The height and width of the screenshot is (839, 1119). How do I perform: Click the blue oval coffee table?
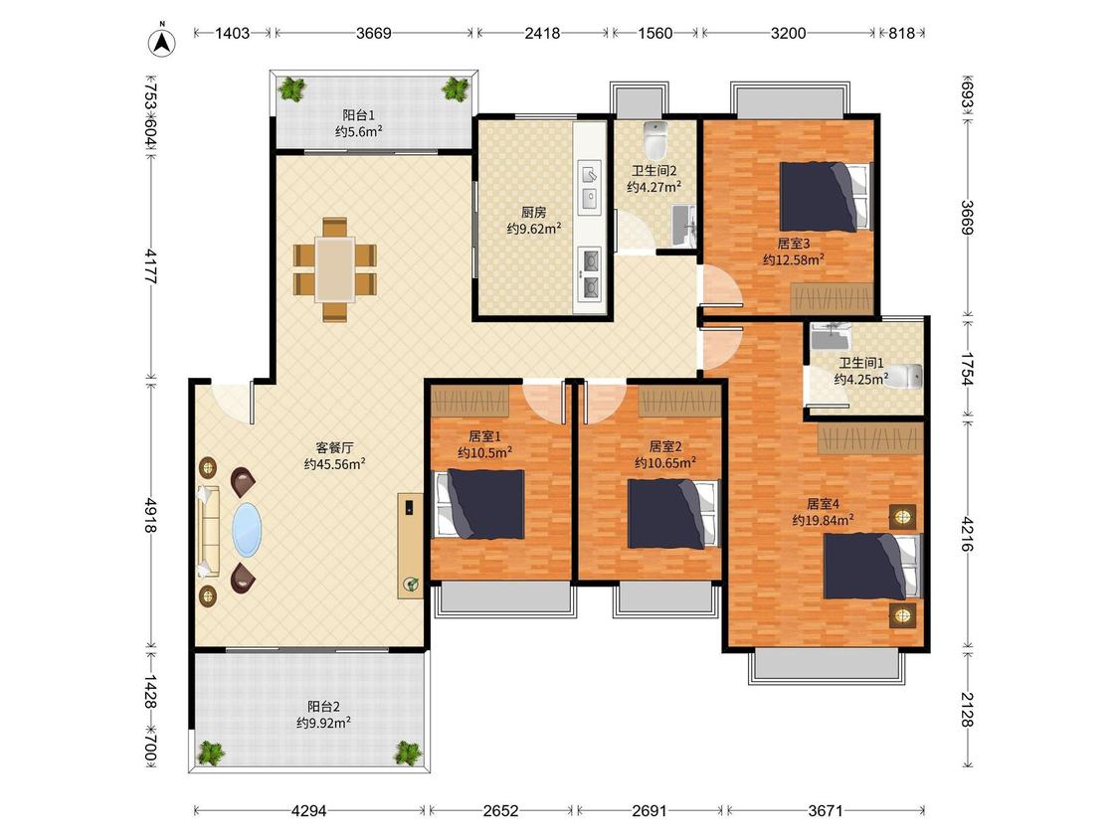(x=247, y=530)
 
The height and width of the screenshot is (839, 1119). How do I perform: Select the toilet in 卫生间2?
(x=655, y=139)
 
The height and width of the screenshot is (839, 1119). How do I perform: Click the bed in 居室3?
(x=827, y=196)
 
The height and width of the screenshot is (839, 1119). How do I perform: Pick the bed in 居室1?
(x=479, y=504)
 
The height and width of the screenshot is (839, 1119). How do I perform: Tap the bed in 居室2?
(x=672, y=514)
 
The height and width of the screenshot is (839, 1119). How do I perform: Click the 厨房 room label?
(x=533, y=212)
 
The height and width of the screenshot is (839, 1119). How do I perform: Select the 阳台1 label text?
(x=358, y=115)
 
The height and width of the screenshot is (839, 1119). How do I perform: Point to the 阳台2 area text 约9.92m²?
(x=323, y=723)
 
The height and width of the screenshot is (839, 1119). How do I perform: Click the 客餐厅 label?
(x=334, y=447)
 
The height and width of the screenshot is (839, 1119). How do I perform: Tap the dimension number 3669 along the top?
(x=374, y=33)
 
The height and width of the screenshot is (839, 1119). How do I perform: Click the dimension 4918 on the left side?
(x=150, y=515)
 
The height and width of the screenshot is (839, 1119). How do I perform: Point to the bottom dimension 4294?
(x=309, y=810)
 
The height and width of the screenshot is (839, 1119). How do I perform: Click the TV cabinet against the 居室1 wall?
(x=411, y=545)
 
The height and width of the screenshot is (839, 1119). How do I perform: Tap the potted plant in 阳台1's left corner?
(x=291, y=89)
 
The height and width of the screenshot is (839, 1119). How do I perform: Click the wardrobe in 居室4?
(x=870, y=437)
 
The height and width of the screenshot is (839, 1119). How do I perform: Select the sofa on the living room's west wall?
(x=209, y=531)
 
